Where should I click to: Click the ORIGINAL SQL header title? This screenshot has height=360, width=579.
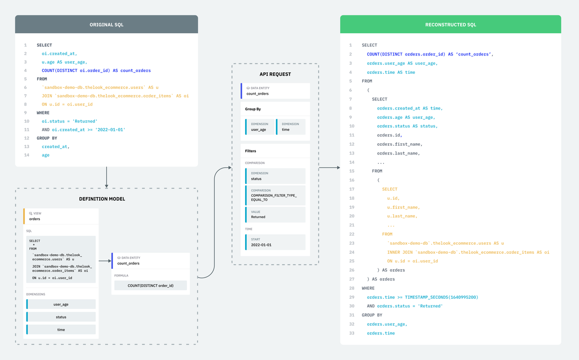pyautogui.click(x=106, y=25)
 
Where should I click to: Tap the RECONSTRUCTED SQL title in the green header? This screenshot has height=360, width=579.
pyautogui.click(x=450, y=25)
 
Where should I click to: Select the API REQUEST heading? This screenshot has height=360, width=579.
pyautogui.click(x=275, y=74)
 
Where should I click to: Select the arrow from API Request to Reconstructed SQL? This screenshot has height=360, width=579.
pyautogui.click(x=330, y=168)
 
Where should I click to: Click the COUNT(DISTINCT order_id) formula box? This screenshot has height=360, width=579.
pyautogui.click(x=150, y=286)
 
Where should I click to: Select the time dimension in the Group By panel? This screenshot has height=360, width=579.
pyautogui.click(x=291, y=127)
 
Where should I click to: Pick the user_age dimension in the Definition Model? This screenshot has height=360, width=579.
pyautogui.click(x=61, y=305)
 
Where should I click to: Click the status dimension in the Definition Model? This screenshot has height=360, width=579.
pyautogui.click(x=61, y=317)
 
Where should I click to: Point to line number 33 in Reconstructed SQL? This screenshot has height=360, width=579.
pyautogui.click(x=351, y=333)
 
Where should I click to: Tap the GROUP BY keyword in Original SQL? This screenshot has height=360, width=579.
pyautogui.click(x=47, y=138)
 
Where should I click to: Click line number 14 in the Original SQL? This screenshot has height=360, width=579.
pyautogui.click(x=26, y=155)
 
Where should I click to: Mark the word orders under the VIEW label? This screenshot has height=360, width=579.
pyautogui.click(x=35, y=219)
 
